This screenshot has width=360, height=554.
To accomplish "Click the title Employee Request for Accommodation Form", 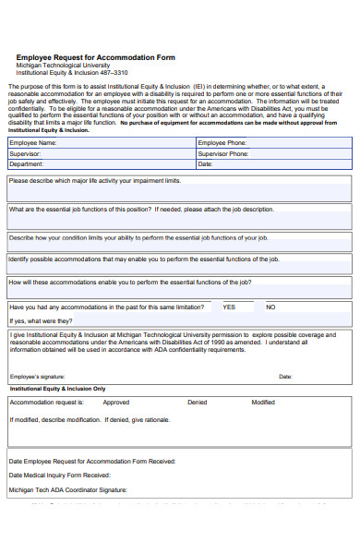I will coord(96,57).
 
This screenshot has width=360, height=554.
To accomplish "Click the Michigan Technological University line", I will coord(63,66).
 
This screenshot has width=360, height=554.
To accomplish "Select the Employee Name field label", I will coord(33,143).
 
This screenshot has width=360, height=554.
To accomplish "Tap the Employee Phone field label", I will coord(222,143).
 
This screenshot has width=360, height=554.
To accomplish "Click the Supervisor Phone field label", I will coord(223,154).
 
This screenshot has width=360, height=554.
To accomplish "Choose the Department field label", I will coord(28,164).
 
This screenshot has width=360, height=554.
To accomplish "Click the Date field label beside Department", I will coord(205,164).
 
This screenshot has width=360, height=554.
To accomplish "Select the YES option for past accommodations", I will coord(229,307).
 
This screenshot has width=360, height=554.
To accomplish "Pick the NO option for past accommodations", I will coord(270,307).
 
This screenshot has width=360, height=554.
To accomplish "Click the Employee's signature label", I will coord(37,377).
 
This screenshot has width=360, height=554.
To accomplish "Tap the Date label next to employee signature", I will coord(285,377).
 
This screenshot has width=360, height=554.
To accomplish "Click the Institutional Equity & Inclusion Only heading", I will coord(57,389).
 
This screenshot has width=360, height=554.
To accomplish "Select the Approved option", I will coord(116,403).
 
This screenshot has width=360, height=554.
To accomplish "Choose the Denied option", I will coord(198,403).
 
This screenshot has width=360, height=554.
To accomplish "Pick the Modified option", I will coord(263,403).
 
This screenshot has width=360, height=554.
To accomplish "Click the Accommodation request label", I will coord(46,403).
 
